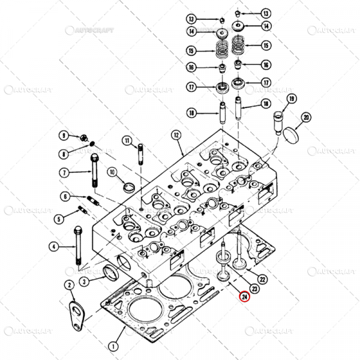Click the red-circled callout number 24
[x=244, y=295]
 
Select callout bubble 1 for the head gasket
[x=113, y=345]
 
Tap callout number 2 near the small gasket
[x=69, y=285]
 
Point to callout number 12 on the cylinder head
[x=176, y=135]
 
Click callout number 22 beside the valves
[x=262, y=278]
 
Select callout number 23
[x=254, y=287]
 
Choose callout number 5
[x=59, y=218]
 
